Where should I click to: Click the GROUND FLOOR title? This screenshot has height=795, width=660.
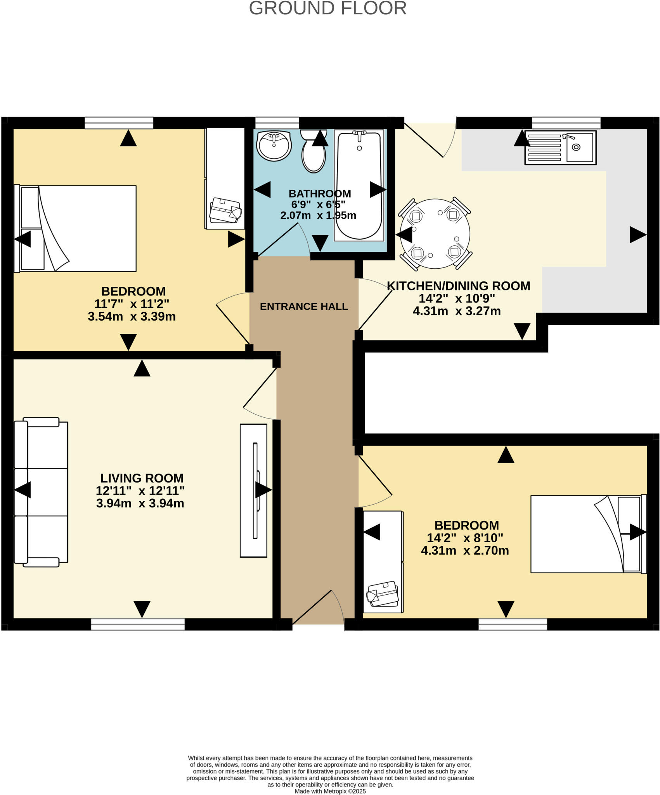pos(328,8)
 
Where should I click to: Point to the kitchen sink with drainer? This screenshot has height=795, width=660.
pos(560,148)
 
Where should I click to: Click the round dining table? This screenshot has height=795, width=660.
pos(435,234)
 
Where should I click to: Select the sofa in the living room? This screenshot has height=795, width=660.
pos(41,492)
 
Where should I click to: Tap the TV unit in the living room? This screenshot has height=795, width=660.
pos(253,491)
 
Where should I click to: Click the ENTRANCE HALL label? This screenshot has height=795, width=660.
pos(303,307)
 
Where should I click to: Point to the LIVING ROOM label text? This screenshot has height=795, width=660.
pos(142,478)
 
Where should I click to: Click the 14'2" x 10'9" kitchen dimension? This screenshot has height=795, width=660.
pos(457,299)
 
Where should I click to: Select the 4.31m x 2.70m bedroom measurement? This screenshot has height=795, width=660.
pos(465,550)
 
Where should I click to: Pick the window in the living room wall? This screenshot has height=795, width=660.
pos(138,624)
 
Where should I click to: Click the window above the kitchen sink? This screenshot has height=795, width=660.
pos(566,123)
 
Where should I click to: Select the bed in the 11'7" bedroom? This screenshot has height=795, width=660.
pos(76,229)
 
